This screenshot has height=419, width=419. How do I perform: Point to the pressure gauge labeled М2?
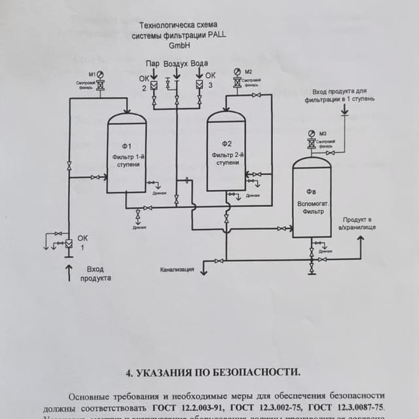(x=237, y=71)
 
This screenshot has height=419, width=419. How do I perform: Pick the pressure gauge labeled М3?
(x=312, y=133)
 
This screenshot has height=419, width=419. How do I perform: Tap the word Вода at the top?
(x=200, y=64)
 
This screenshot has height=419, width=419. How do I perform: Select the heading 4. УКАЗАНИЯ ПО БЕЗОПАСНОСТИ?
(x=213, y=372)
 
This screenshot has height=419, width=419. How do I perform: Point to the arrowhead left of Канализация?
(x=204, y=271)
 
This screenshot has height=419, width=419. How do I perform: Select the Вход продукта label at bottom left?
(x=96, y=273)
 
